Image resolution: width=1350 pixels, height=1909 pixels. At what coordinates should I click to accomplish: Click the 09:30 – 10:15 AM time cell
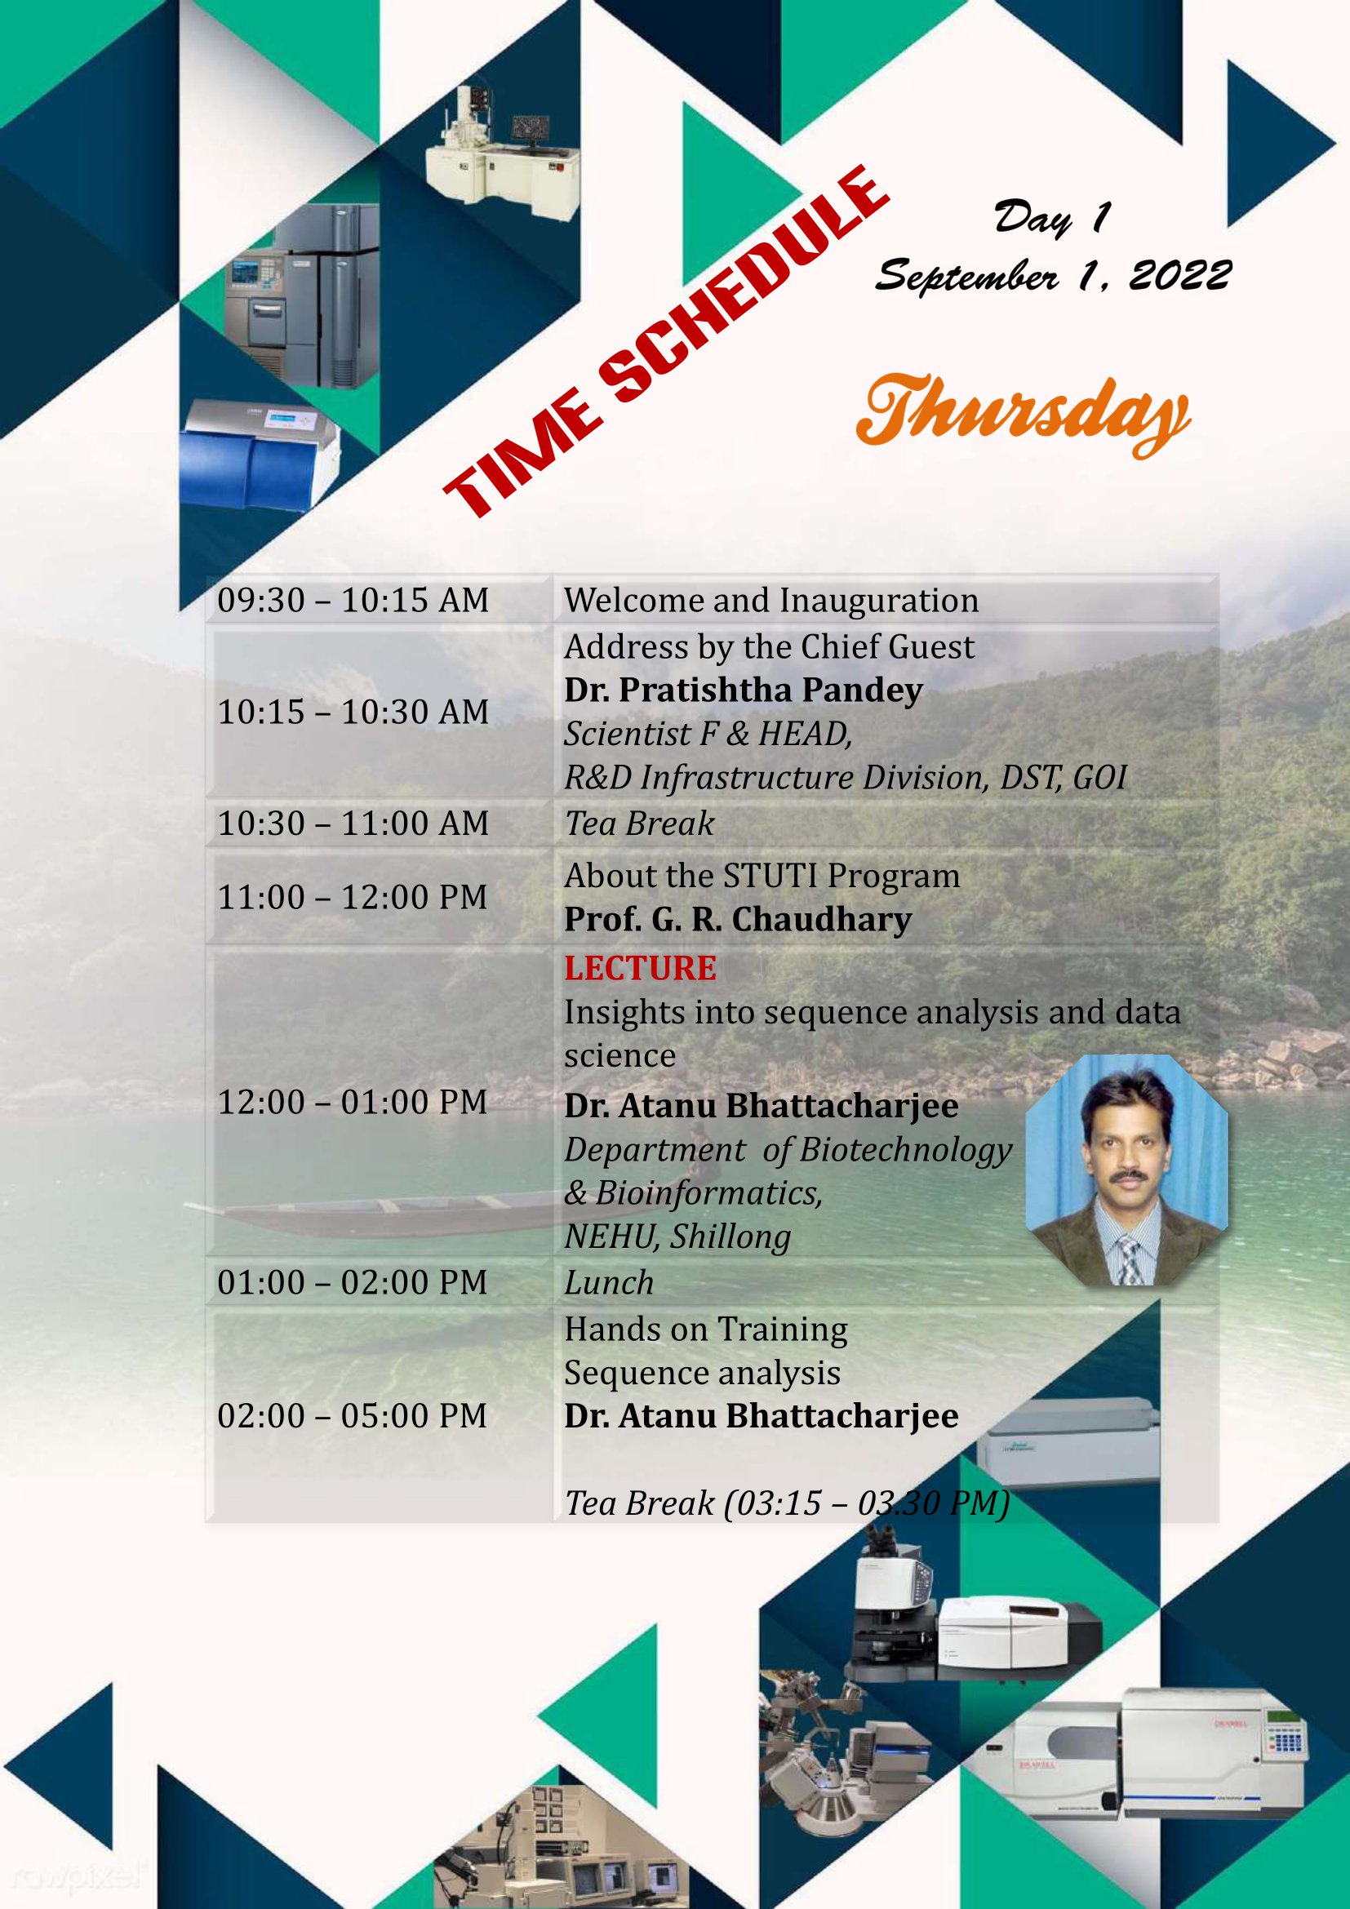[x=353, y=600]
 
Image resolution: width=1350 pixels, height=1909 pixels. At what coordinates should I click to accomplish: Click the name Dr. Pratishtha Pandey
[x=744, y=690]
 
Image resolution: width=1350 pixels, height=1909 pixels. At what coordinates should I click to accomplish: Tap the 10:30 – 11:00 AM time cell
[x=353, y=824]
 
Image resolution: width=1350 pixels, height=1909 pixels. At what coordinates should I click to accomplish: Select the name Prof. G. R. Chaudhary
[x=738, y=919]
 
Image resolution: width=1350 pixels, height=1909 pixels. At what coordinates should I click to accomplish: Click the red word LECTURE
[x=640, y=968]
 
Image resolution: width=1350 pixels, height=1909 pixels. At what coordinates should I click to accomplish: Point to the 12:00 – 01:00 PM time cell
[x=353, y=1102]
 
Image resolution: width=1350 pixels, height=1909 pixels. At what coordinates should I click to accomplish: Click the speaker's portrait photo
[x=1126, y=1170]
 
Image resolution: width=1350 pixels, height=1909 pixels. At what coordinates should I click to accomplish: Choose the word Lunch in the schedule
[x=610, y=1282]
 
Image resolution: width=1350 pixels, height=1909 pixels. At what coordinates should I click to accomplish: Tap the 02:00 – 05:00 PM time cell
[x=353, y=1415]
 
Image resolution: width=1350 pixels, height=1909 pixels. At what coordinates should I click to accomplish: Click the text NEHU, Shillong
[x=677, y=1237]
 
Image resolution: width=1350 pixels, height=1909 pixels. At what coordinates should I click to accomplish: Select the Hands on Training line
[x=706, y=1330]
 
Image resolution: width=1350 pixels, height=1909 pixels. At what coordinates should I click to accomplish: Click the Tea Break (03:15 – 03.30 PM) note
[x=787, y=1503]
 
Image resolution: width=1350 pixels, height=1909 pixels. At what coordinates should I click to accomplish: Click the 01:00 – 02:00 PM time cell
[x=353, y=1282]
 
